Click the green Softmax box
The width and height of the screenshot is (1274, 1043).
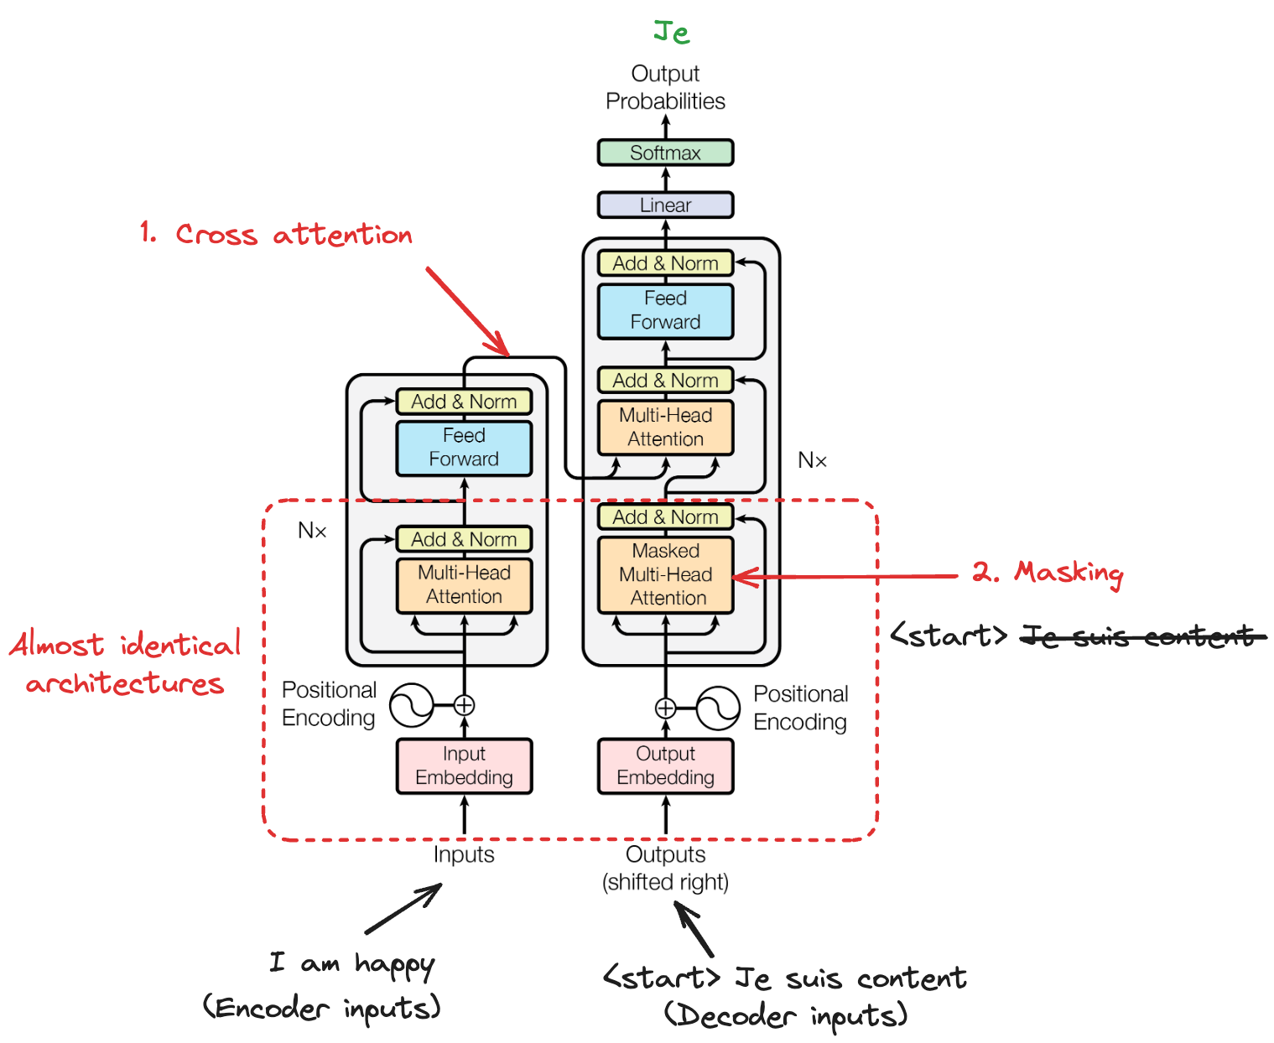pyautogui.click(x=665, y=153)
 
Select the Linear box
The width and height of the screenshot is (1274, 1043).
pyautogui.click(x=665, y=205)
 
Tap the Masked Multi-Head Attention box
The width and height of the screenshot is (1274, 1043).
pyautogui.click(x=665, y=574)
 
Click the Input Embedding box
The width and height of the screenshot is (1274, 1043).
pyautogui.click(x=464, y=765)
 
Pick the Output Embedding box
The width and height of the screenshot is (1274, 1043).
pyautogui.click(x=665, y=765)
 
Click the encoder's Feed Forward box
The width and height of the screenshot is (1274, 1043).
pyautogui.click(x=464, y=447)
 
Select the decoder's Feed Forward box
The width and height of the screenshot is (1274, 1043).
pyautogui.click(x=665, y=310)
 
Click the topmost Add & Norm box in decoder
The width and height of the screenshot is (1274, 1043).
pyautogui.click(x=665, y=263)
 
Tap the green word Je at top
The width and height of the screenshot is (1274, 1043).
pyautogui.click(x=671, y=33)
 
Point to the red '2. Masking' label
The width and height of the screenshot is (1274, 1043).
pyautogui.click(x=1048, y=573)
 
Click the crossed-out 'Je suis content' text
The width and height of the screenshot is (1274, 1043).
pyautogui.click(x=1141, y=636)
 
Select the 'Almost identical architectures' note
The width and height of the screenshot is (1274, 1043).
pyautogui.click(x=126, y=663)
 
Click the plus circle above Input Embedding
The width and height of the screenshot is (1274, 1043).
pyautogui.click(x=464, y=705)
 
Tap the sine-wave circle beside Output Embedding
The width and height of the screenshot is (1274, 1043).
pyautogui.click(x=718, y=708)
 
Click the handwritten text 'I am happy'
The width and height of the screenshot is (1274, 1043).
pyautogui.click(x=352, y=964)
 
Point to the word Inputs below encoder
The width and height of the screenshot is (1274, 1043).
pyautogui.click(x=464, y=854)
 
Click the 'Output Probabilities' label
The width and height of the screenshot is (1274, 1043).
pyautogui.click(x=665, y=87)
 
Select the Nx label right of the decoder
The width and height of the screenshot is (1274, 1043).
pyautogui.click(x=812, y=460)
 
